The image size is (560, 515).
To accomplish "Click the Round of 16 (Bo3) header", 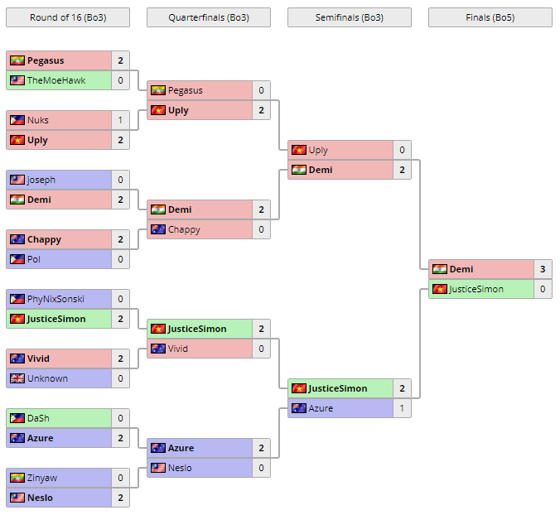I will pos(67,17).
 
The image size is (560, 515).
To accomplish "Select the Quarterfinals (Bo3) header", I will pos(208,17).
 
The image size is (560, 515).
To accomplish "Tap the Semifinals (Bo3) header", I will pos(349,17).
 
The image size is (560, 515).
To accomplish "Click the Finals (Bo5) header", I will pos(490,17).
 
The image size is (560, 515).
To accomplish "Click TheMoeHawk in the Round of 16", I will pos(56,80).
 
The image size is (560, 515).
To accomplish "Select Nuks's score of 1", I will pos(120,120).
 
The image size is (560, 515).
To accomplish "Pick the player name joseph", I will pos(41,180).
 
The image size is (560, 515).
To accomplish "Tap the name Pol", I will pos(34,259).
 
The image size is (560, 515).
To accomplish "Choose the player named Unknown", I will pos(47,378).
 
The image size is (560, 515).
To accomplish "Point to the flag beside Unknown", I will pos(17,378).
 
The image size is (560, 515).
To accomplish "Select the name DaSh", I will pos(38,418).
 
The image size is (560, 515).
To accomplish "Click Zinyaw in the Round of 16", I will pos(42,478).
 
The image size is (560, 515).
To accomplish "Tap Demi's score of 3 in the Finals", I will pos(543,269).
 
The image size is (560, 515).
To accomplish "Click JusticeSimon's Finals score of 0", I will pos(543,289).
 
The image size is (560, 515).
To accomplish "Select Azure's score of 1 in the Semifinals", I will pos(402,408).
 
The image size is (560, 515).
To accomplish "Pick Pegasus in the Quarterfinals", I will pos(185,90).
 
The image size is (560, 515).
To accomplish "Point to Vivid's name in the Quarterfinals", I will pos(178,349).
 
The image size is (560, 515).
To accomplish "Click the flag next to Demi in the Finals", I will pos(439,269).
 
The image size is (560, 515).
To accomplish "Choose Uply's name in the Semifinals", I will pos(318,150).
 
